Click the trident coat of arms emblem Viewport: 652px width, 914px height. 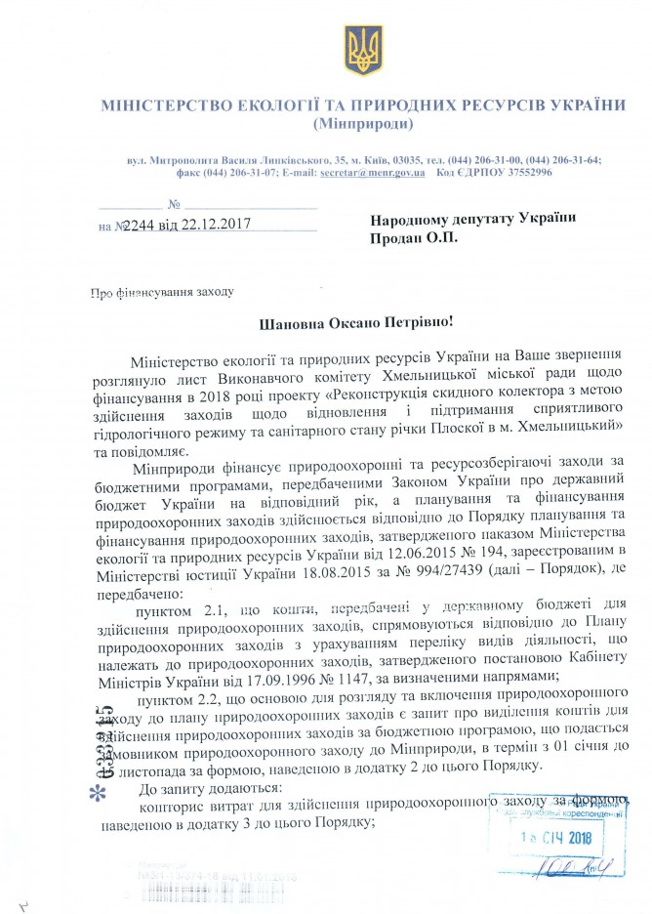click(x=357, y=47)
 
